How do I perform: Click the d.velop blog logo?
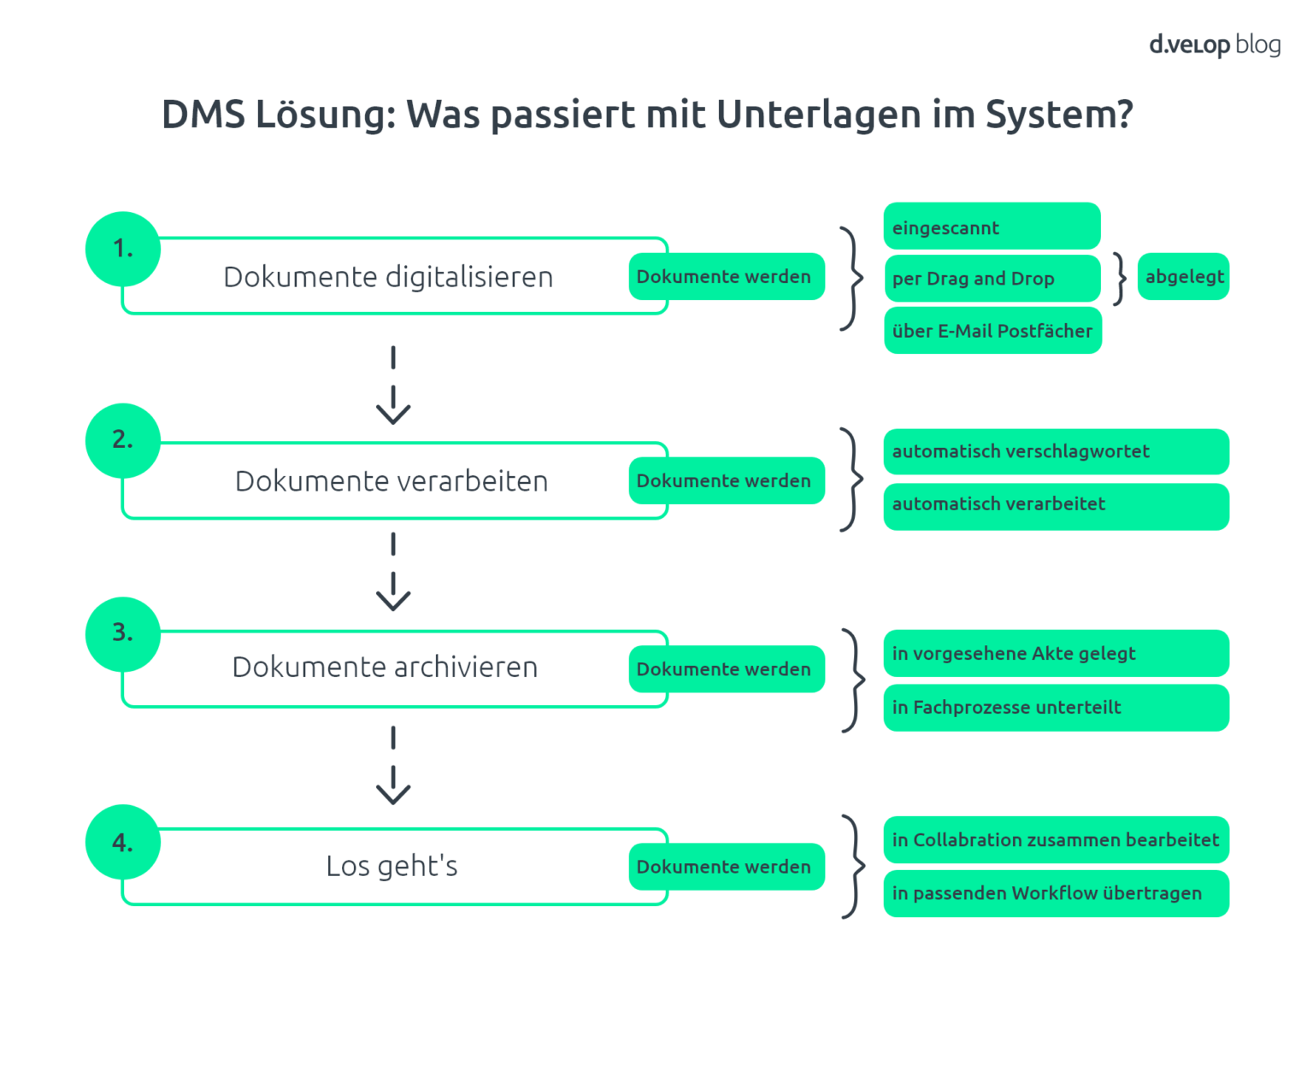tap(1214, 44)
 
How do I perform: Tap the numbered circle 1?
tap(123, 249)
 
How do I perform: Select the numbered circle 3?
tap(123, 633)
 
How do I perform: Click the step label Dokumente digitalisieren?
tap(388, 277)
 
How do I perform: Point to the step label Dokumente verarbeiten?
tap(392, 481)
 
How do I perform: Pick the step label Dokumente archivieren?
tap(385, 668)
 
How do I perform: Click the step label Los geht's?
tap(392, 867)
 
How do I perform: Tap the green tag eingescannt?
tap(992, 227)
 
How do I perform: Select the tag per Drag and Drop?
tap(992, 279)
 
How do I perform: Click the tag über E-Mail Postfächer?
tap(992, 331)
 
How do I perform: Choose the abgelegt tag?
tap(1184, 277)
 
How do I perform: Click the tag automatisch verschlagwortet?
tap(1056, 451)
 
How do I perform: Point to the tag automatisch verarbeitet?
tap(1056, 505)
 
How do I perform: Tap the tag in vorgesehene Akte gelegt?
tap(1056, 654)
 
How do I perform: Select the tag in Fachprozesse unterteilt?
tap(1056, 708)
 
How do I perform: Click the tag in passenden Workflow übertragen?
tap(1056, 894)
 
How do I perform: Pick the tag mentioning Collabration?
tap(1056, 840)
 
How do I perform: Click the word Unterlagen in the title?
tap(819, 115)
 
